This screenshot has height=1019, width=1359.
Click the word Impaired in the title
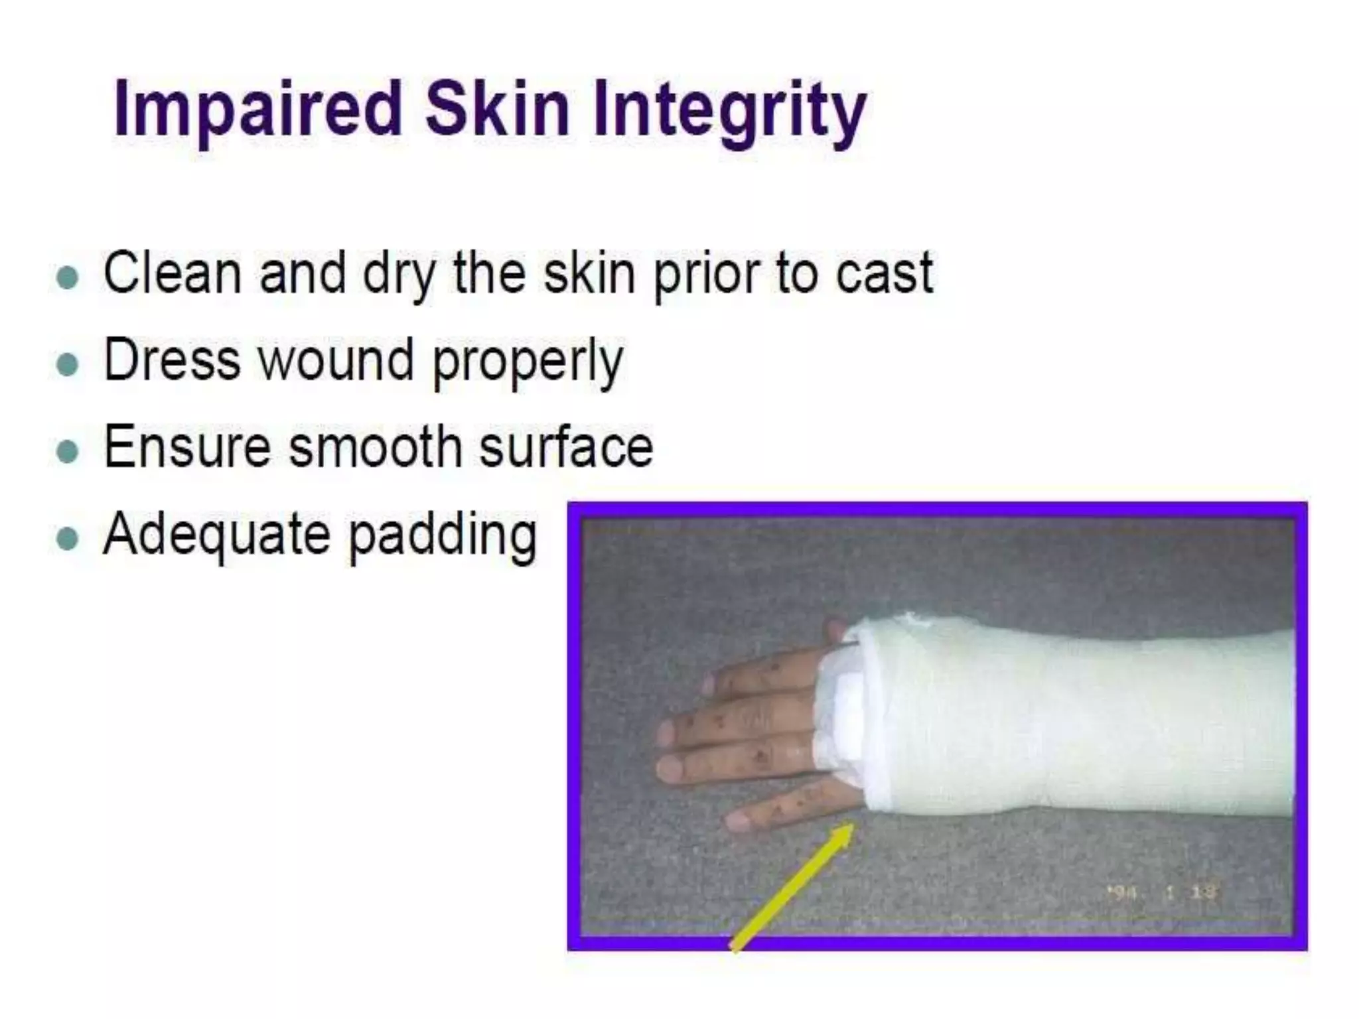coord(258,109)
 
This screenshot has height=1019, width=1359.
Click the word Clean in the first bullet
coord(172,273)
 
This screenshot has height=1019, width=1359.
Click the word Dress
coord(172,361)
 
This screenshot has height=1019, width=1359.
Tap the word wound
coord(336,361)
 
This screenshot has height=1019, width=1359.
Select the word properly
coord(528,364)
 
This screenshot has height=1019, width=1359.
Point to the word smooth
coord(376,447)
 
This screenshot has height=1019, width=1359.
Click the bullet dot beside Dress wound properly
coord(68,364)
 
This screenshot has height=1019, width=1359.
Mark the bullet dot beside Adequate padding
coord(68,539)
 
